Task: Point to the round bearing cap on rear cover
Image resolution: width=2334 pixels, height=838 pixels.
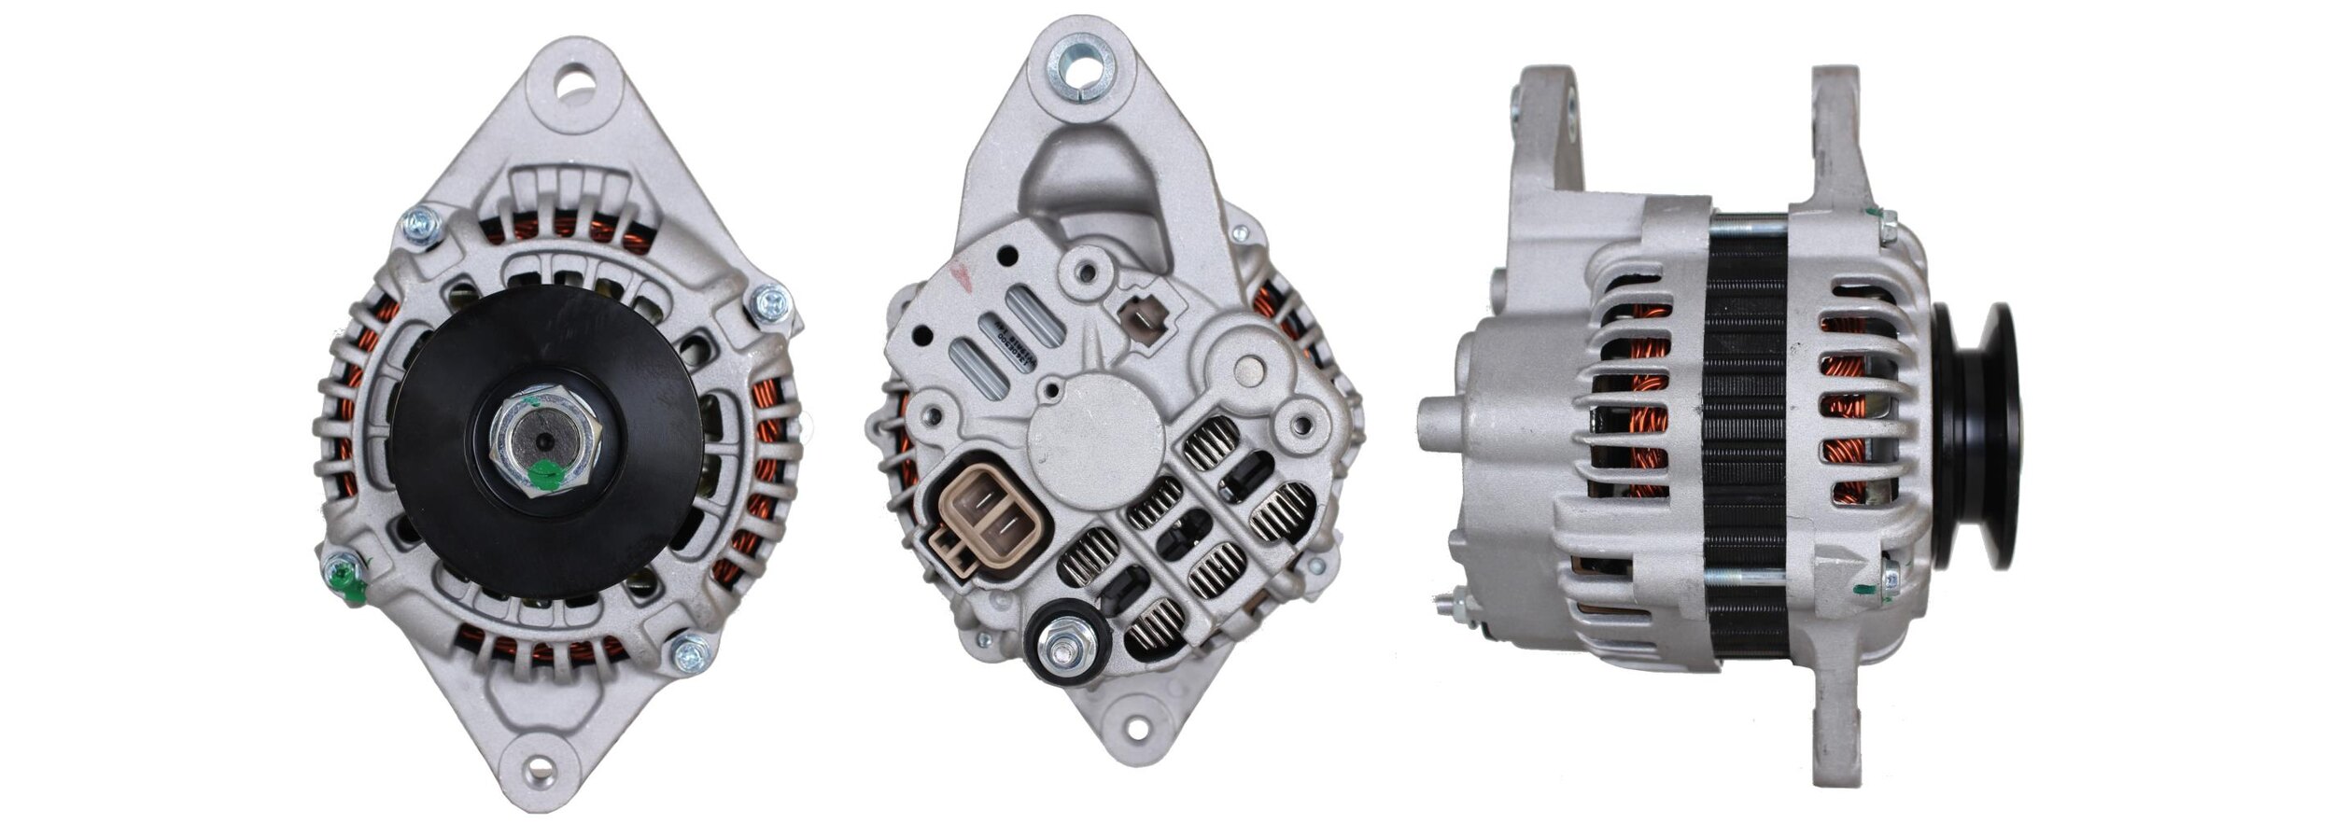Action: pyautogui.click(x=1094, y=446)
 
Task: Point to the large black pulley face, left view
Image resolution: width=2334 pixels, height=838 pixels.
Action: pyautogui.click(x=635, y=373)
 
